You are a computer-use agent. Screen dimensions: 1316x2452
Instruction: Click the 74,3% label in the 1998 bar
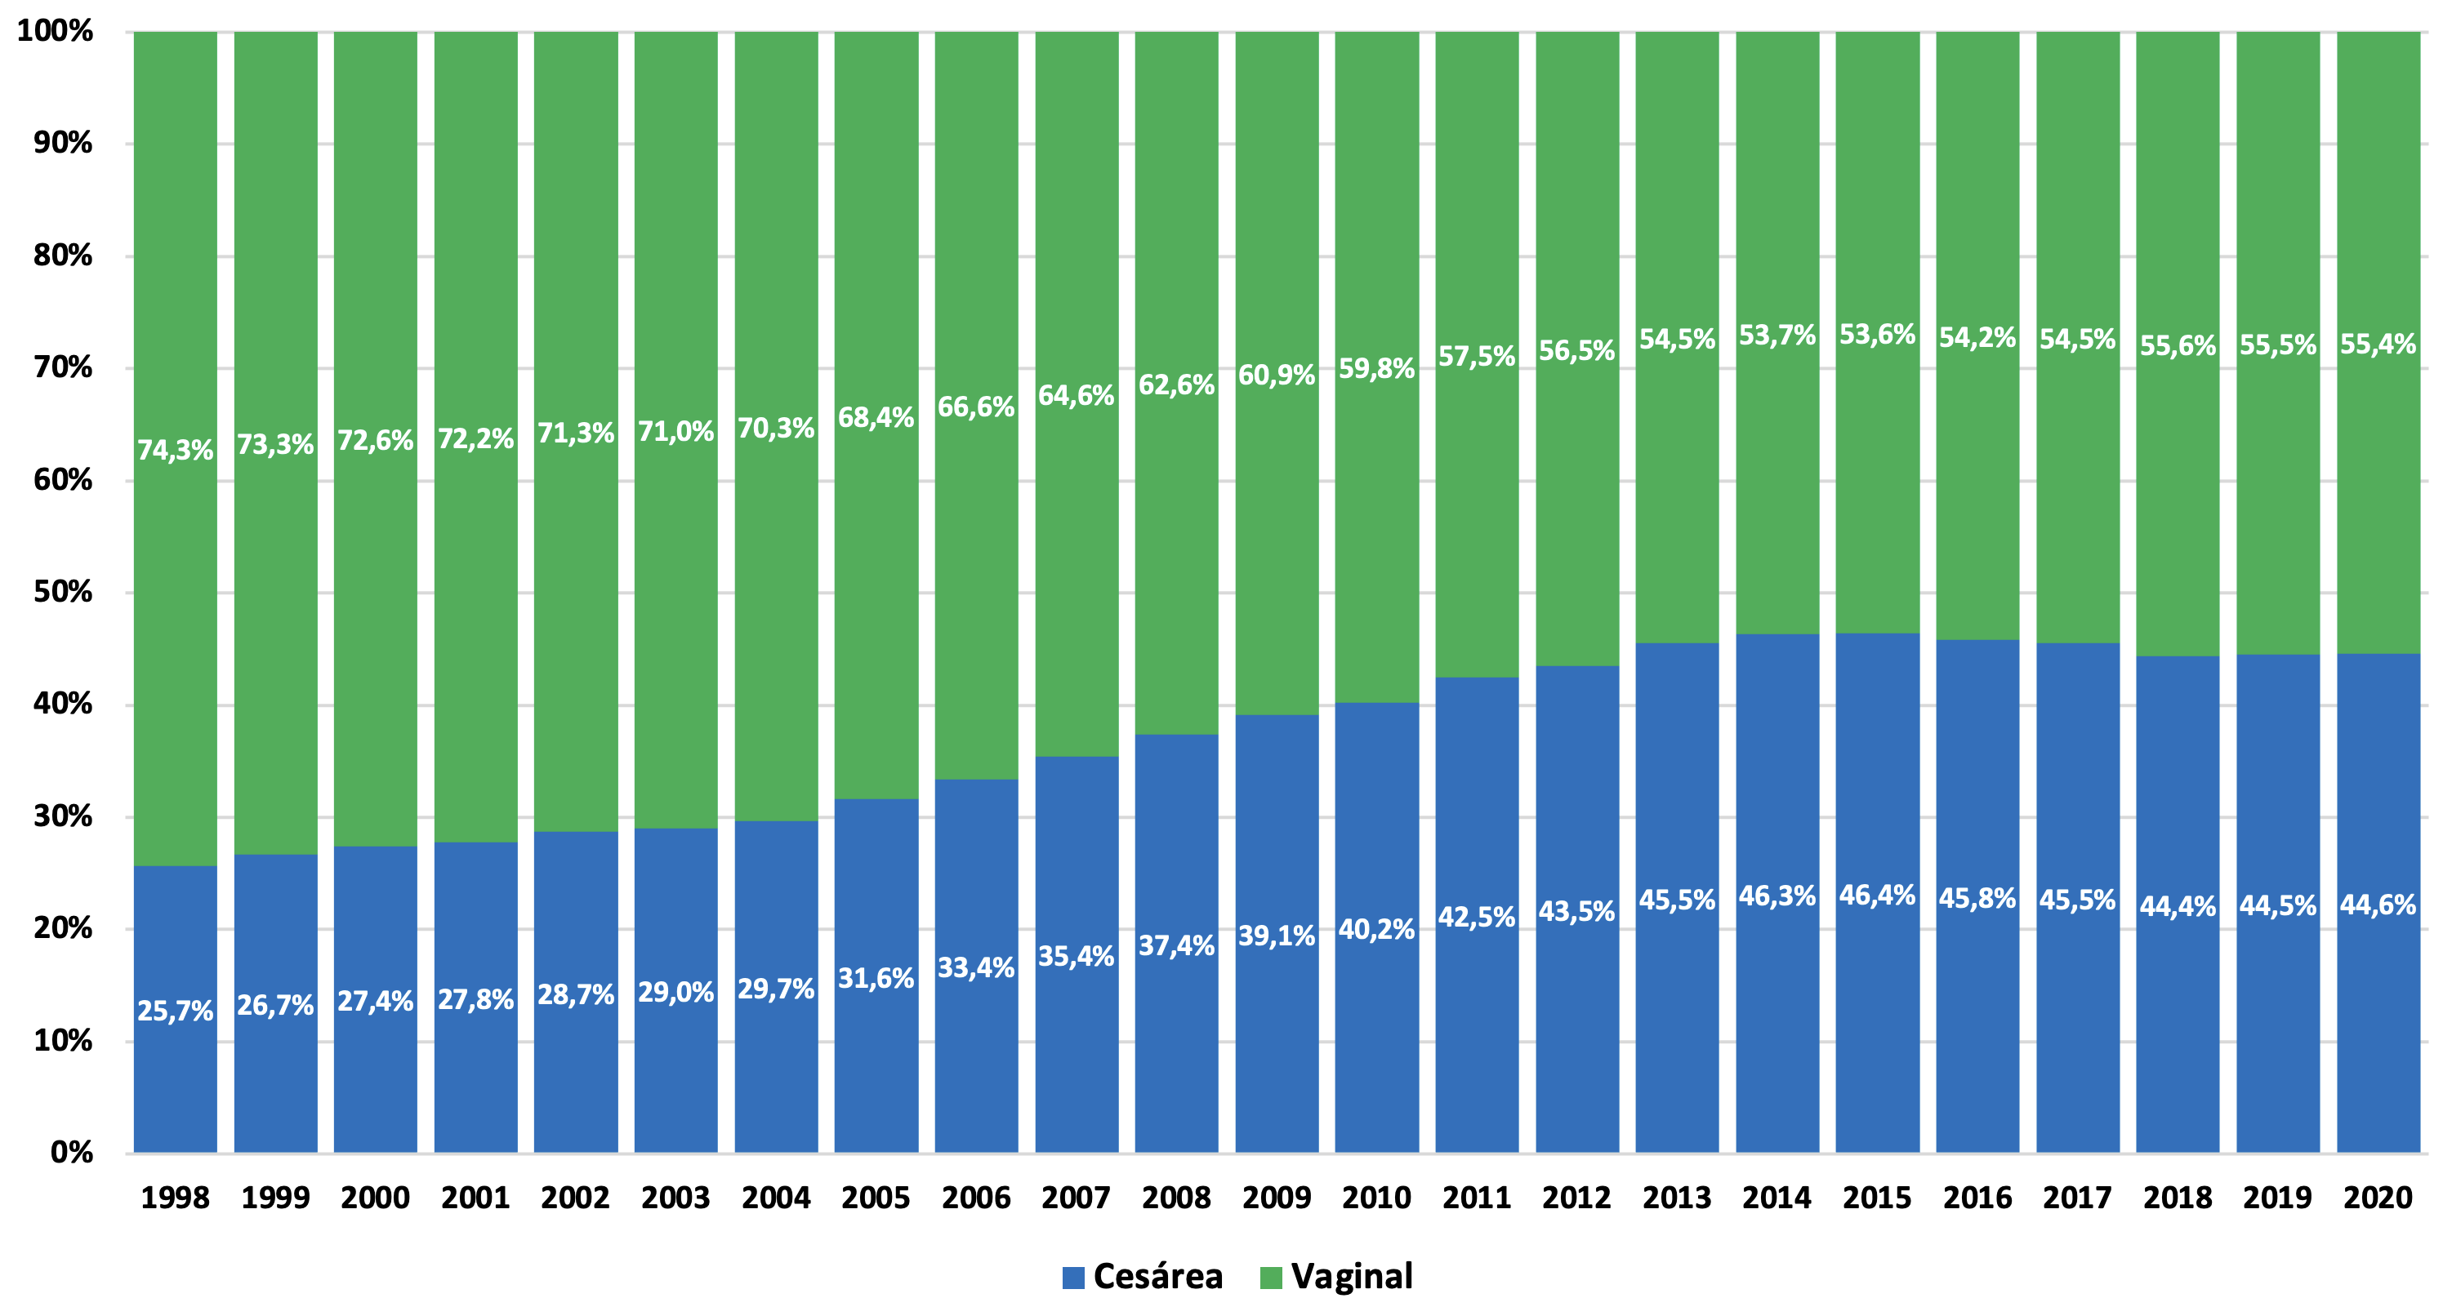[175, 450]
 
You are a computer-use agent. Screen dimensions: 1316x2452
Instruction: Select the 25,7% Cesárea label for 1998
[175, 1011]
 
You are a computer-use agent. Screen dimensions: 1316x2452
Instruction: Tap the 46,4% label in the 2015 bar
[1877, 896]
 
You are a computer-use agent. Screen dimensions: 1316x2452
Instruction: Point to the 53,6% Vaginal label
[1877, 335]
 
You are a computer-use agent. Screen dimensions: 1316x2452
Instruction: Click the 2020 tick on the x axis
[2378, 1197]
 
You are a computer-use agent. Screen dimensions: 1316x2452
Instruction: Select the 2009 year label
[1277, 1197]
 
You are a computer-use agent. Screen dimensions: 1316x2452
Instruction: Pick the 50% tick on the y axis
[63, 592]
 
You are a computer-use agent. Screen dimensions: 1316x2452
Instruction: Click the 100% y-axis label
[56, 31]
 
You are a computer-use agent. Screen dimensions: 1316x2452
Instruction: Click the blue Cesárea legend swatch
[1072, 1278]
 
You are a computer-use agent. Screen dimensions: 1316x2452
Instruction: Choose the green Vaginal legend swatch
[1271, 1278]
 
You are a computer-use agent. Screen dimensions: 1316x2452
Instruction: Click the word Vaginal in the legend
[1352, 1276]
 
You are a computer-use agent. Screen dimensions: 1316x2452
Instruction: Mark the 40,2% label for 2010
[1376, 930]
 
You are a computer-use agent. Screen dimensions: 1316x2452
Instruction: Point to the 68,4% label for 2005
[876, 418]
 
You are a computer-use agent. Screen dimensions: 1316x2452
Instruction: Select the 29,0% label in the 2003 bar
[675, 993]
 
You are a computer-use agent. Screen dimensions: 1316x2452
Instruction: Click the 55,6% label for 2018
[2178, 345]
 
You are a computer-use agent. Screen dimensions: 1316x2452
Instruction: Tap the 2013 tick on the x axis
[1677, 1197]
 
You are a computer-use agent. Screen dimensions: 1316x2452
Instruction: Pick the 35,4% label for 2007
[1076, 956]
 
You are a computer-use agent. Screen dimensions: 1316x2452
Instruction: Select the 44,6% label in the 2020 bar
[2378, 905]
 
